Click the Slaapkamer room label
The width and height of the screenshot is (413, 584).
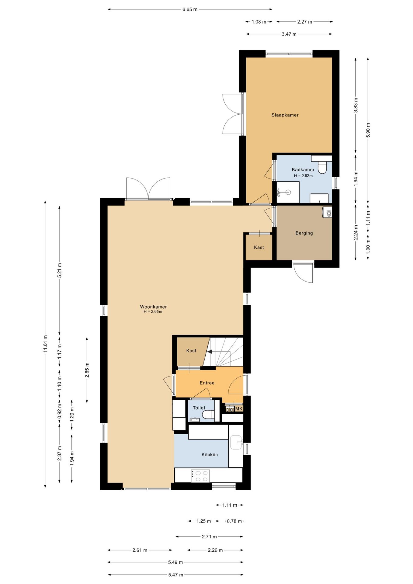click(285, 115)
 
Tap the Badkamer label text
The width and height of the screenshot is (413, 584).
click(303, 170)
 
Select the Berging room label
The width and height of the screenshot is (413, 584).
click(304, 233)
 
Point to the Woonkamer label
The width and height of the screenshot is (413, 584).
click(153, 307)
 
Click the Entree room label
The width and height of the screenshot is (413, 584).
click(207, 383)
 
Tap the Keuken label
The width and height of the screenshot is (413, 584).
click(210, 455)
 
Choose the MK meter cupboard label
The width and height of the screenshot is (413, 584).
click(239, 409)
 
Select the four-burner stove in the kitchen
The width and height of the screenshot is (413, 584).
click(200, 476)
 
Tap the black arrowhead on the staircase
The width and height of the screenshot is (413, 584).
click(210, 352)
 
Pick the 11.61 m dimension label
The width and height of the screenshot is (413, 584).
click(45, 344)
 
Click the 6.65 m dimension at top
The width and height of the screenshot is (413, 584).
click(190, 9)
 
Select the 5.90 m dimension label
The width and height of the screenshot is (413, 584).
click(368, 130)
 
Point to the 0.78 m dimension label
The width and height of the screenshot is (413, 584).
click(234, 521)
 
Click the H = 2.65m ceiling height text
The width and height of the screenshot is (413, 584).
click(153, 312)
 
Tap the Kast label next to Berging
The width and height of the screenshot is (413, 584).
click(259, 248)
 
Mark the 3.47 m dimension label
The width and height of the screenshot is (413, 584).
click(289, 34)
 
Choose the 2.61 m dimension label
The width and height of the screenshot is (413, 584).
click(140, 550)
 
